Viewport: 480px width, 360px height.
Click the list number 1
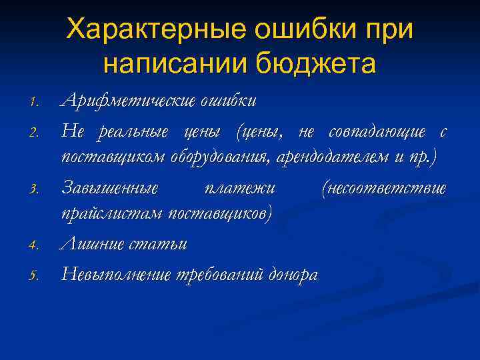point(37,103)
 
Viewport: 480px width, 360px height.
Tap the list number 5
point(37,275)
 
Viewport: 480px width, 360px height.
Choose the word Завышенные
point(111,188)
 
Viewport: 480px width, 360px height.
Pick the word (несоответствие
point(383,188)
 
